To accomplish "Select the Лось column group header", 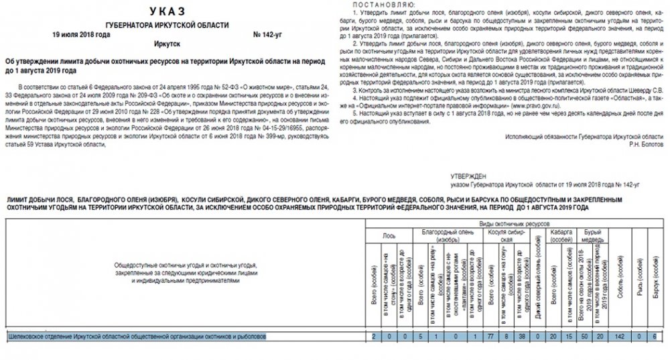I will (389, 236).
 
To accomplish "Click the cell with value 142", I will (620, 335).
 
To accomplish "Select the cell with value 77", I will (490, 335).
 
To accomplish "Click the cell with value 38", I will (521, 335).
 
